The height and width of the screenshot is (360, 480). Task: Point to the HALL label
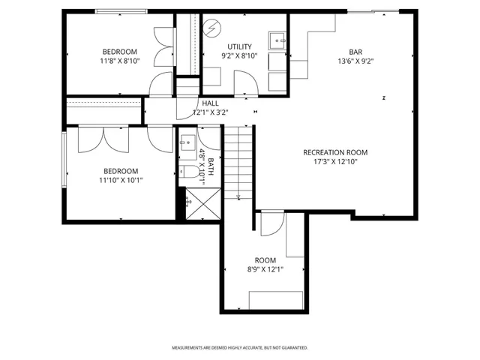point(210,103)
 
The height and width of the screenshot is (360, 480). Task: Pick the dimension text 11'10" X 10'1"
point(120,180)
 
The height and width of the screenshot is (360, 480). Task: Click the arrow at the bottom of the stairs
point(238,198)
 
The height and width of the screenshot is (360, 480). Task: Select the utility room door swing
point(245,81)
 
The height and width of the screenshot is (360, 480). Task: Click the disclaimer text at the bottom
point(240,347)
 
